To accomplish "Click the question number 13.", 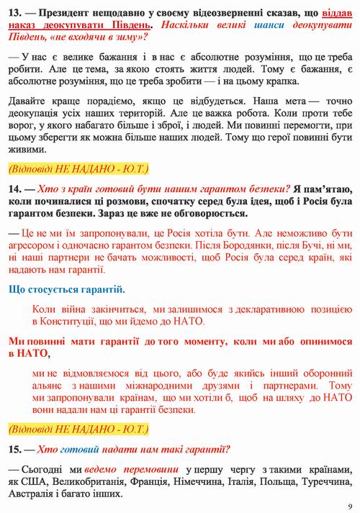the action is click(14, 14).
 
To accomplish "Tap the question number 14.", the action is click(14, 189).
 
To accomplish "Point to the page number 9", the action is click(348, 505).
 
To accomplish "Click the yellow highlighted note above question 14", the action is click(78, 169).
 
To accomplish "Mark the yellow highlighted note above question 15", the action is click(78, 430).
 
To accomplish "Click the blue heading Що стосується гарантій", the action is click(66, 289).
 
